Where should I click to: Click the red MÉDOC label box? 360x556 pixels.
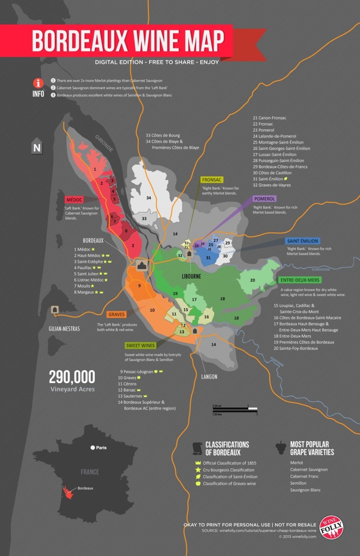[74, 199]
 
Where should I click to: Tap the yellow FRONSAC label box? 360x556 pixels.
[213, 180]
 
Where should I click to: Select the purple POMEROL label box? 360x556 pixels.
[264, 199]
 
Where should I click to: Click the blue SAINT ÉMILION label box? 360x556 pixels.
[302, 241]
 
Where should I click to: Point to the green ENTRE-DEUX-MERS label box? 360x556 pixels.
[300, 280]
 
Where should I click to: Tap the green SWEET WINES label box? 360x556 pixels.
[140, 345]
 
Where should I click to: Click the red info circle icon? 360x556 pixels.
[39, 83]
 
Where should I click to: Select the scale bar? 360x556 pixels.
[235, 409]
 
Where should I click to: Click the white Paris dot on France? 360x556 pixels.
[92, 448]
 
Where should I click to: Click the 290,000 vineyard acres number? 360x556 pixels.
[72, 377]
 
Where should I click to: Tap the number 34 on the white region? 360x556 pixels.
[149, 198]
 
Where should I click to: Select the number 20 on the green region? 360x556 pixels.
[252, 280]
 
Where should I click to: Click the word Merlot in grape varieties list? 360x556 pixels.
[298, 462]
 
